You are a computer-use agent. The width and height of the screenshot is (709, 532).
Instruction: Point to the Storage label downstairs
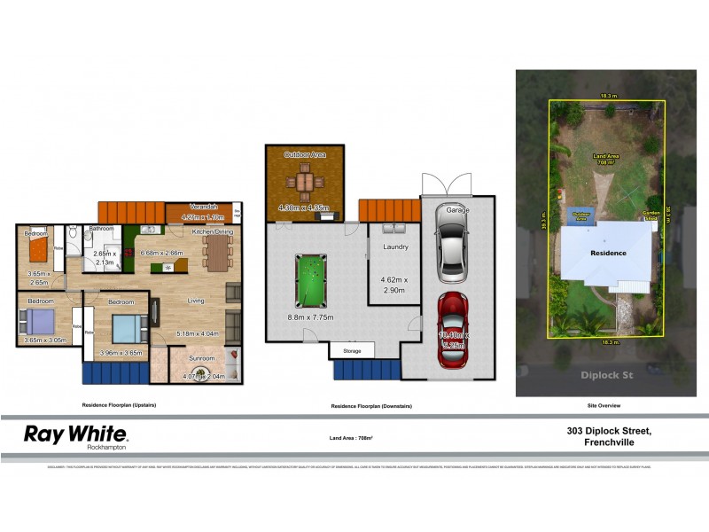352,351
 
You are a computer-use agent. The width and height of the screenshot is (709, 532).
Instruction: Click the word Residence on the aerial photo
609,253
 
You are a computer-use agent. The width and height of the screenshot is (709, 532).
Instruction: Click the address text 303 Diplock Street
610,431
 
